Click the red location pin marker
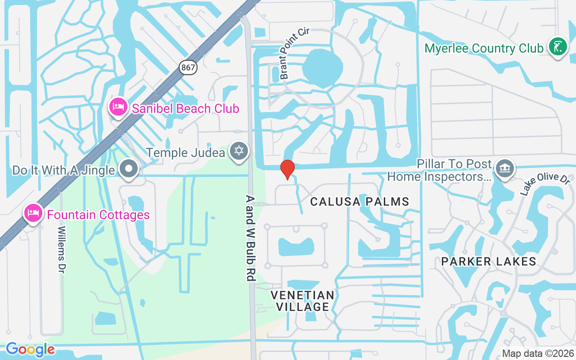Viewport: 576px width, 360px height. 287,170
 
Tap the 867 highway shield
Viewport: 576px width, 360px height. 188,67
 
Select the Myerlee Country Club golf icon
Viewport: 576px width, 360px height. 557,47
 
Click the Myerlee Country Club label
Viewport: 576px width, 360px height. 484,49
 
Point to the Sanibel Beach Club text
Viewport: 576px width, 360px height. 185,108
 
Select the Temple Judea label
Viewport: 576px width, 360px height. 185,153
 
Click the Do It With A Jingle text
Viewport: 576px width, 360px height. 63,170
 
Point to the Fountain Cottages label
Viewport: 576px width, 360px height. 98,215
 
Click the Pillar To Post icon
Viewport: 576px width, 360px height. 504,169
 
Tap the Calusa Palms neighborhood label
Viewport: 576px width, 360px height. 360,202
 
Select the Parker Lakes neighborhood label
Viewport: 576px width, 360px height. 488,261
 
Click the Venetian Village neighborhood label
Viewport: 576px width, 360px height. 302,301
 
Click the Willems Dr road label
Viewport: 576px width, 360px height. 61,251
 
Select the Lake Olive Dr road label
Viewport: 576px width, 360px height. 539,184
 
